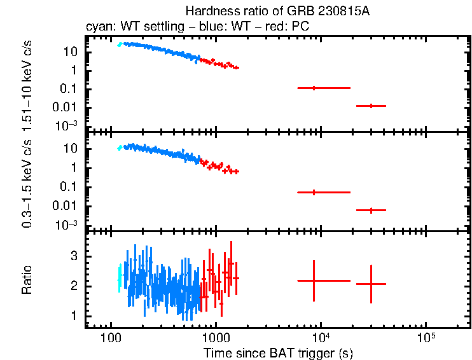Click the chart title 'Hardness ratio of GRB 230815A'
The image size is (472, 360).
click(278, 11)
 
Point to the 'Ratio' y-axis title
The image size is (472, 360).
click(27, 280)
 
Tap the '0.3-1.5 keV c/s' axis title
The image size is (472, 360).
click(27, 181)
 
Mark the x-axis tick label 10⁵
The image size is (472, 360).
click(426, 336)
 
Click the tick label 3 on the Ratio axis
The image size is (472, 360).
click(73, 256)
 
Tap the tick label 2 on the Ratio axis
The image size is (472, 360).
click(73, 286)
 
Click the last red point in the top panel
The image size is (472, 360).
click(371, 106)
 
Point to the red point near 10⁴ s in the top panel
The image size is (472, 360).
click(314, 88)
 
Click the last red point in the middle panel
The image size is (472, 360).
click(371, 210)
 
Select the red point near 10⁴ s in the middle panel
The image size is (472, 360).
click(314, 192)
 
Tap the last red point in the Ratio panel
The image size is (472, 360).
click(371, 284)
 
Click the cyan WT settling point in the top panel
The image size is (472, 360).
click(120, 44)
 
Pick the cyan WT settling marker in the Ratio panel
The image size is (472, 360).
click(119, 279)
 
